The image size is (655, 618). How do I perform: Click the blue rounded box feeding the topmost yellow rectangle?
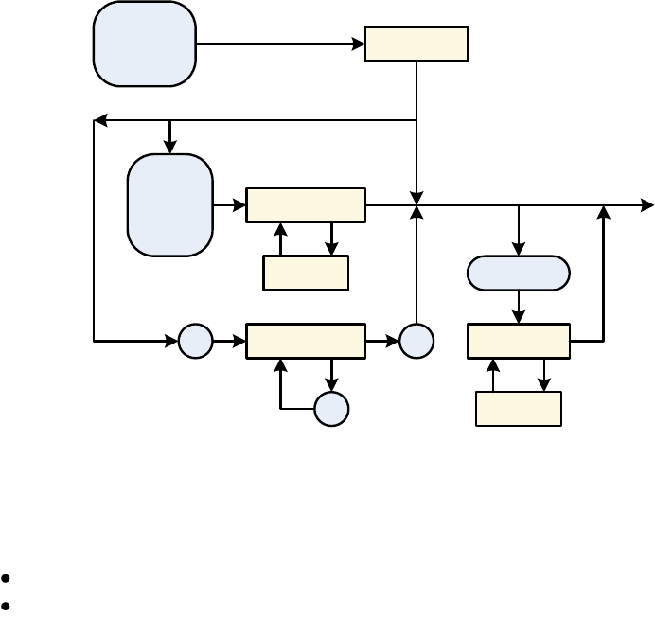tap(144, 44)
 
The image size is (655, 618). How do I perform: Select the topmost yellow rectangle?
tap(416, 44)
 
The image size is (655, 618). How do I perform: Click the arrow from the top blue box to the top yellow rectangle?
tap(280, 44)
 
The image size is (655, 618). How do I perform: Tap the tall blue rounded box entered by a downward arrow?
tap(169, 204)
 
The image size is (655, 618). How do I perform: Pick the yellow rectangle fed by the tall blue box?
tap(306, 204)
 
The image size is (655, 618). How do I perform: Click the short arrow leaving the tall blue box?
tap(229, 204)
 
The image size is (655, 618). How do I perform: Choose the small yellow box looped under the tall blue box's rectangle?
tap(306, 273)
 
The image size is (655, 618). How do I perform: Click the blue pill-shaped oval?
tap(519, 273)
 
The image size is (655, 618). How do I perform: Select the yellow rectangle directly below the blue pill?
tap(519, 341)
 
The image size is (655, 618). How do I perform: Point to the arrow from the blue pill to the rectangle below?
tap(519, 307)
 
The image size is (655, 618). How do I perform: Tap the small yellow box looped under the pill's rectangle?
tap(519, 409)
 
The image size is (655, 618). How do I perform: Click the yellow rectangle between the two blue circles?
tap(306, 341)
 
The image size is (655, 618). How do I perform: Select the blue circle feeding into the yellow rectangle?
tap(195, 341)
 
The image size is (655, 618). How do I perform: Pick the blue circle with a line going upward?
tap(416, 341)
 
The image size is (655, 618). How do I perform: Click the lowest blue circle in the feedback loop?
tap(331, 409)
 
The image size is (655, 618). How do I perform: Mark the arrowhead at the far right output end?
tap(647, 204)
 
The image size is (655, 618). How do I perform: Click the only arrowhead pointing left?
tap(99, 120)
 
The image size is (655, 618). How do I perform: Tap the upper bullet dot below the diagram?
tap(7, 576)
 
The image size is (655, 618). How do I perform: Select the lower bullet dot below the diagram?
tap(7, 603)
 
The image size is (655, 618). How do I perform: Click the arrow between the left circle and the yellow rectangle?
tap(229, 341)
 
